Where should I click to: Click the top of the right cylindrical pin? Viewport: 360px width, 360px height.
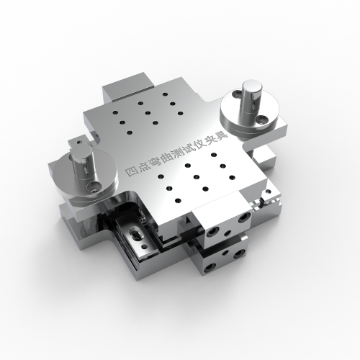[252, 86]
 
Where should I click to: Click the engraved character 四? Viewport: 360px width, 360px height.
[132, 171]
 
